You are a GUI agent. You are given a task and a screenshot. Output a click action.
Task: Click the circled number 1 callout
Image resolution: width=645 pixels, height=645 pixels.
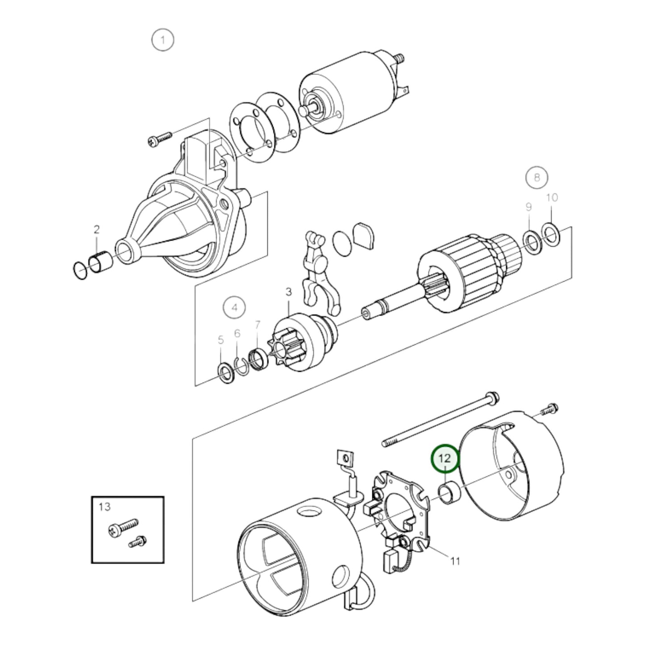tap(163, 41)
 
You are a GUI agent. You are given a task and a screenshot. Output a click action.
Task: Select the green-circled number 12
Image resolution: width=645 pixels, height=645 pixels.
tap(445, 459)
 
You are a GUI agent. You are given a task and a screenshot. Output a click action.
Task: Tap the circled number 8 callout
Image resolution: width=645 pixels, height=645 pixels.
tap(537, 177)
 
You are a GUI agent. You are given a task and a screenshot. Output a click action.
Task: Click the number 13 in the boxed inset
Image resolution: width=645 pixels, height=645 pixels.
tap(104, 507)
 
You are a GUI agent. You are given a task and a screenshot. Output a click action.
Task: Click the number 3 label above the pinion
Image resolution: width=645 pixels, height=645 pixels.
tap(288, 292)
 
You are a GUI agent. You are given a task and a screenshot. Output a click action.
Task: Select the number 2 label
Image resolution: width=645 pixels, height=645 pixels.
tap(97, 229)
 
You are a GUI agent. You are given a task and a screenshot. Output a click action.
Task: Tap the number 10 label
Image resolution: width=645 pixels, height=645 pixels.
tap(552, 197)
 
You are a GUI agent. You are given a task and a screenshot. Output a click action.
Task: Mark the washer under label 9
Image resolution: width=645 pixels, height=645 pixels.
tap(531, 243)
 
